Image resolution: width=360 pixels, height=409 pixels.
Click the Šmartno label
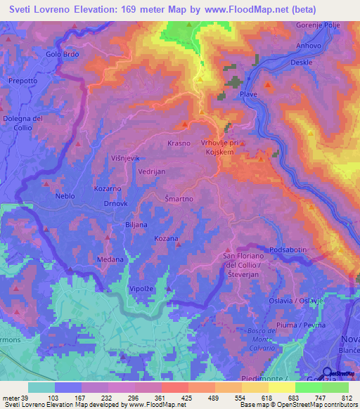click(179, 199)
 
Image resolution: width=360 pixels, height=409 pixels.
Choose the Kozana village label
click(166, 238)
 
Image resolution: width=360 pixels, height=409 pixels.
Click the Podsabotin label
click(288, 249)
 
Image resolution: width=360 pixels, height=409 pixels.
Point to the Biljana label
click(136, 225)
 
